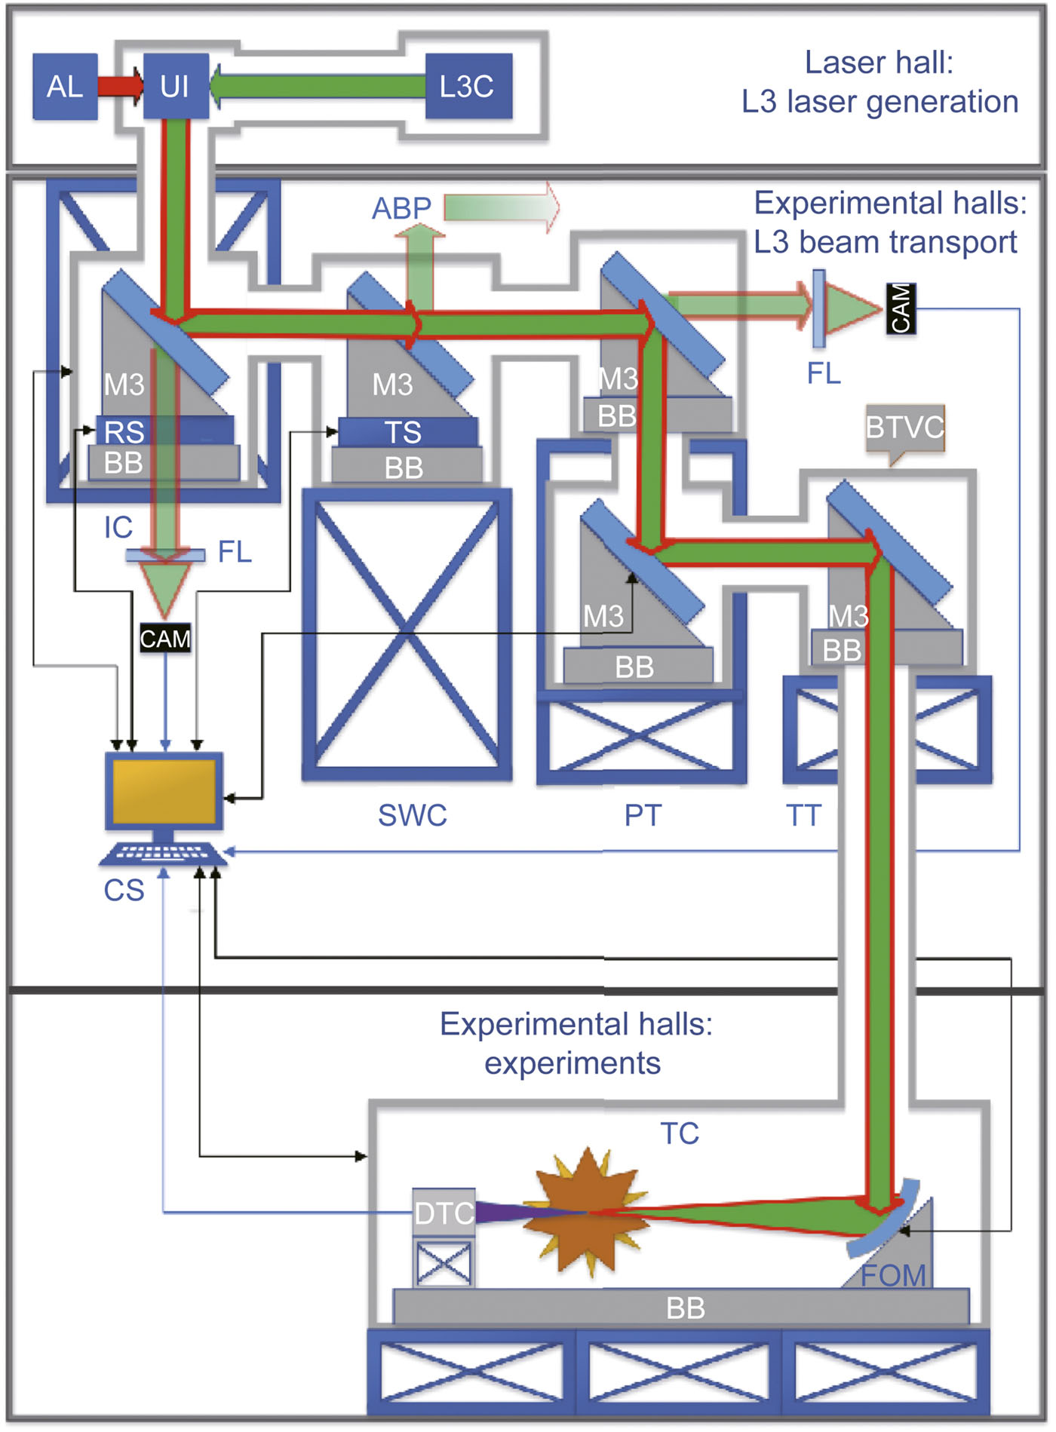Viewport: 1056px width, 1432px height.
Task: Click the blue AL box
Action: (x=65, y=86)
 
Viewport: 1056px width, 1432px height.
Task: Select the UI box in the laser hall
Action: (x=175, y=86)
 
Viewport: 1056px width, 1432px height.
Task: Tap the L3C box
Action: (x=468, y=86)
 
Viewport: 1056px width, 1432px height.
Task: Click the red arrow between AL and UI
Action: (x=121, y=85)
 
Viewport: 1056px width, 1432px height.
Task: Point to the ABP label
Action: (x=401, y=208)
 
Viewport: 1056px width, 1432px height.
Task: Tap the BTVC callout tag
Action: (x=904, y=428)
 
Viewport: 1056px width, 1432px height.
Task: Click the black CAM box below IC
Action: (x=165, y=639)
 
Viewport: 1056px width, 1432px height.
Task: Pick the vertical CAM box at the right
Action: (x=901, y=308)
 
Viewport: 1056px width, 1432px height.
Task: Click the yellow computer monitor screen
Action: (x=164, y=791)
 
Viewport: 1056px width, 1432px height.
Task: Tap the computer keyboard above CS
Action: (x=162, y=854)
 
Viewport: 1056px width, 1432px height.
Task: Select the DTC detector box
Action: (x=444, y=1213)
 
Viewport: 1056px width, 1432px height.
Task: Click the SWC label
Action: (x=412, y=815)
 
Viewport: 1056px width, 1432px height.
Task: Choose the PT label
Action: (x=643, y=815)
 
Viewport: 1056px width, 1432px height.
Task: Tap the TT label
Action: (x=803, y=815)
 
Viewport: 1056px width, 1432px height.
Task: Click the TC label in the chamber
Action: (x=680, y=1133)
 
